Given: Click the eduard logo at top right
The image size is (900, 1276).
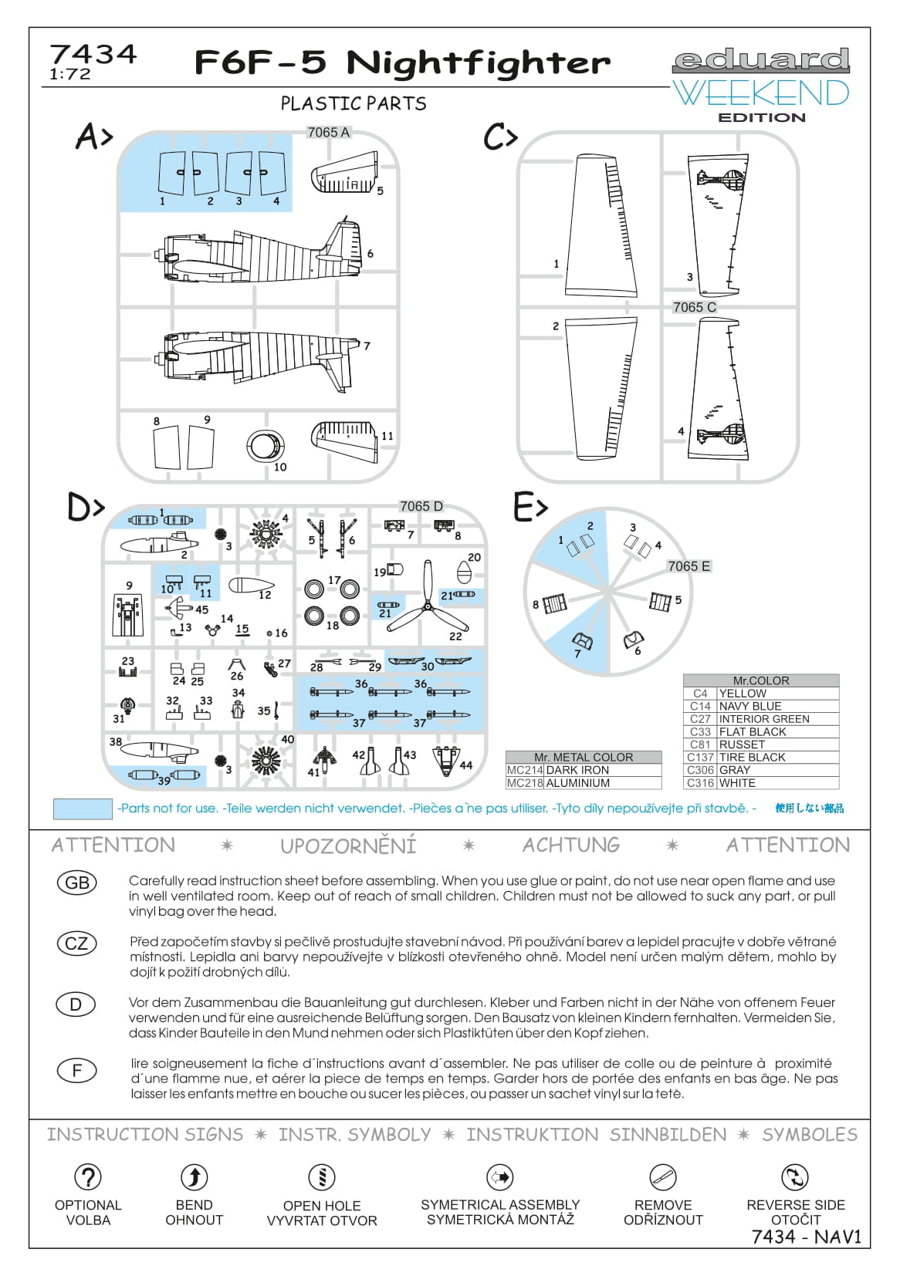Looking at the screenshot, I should click(761, 60).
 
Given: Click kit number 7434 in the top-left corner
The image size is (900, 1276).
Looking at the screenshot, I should click(93, 55).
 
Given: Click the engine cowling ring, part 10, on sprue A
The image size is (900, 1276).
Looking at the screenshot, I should click(266, 447).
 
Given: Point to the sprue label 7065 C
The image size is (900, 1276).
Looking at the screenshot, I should click(694, 307).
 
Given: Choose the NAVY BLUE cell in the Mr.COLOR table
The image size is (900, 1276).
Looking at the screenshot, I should click(777, 706).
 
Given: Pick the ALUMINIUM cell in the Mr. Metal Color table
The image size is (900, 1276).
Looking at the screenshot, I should click(603, 783).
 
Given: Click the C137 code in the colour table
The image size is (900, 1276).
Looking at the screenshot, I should click(700, 758).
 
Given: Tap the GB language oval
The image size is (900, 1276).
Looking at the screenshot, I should click(77, 883).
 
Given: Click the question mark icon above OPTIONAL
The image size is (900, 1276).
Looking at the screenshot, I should click(88, 1176).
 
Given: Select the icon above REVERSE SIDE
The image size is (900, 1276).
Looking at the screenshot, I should click(795, 1176).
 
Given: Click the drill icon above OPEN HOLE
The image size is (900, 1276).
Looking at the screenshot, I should click(322, 1176).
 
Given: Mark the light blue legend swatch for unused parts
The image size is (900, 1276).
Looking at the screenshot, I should click(83, 808).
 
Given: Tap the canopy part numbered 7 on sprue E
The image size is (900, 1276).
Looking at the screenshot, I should click(581, 640).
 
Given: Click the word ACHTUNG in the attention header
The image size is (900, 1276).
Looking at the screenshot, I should click(571, 846).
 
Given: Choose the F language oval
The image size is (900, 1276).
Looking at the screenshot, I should click(76, 1071).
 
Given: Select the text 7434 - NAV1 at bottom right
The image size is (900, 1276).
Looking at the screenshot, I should click(806, 1237).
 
